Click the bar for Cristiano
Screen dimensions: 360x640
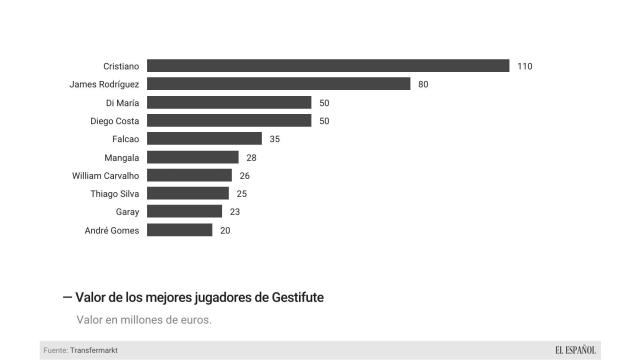pyautogui.click(x=328, y=65)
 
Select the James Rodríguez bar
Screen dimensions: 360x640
pyautogui.click(x=278, y=84)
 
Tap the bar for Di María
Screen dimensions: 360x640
pyautogui.click(x=229, y=102)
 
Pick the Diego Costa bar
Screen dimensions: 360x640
pyautogui.click(x=229, y=120)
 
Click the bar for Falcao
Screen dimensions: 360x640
pyautogui.click(x=204, y=139)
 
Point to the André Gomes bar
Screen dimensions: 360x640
pyautogui.click(x=180, y=230)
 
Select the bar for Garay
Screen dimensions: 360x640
pyautogui.click(x=184, y=212)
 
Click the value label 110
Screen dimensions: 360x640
pyautogui.click(x=525, y=66)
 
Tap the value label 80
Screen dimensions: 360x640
pyautogui.click(x=423, y=84)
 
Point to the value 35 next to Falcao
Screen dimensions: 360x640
pyautogui.click(x=274, y=139)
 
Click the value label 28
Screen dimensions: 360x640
pyautogui.click(x=251, y=157)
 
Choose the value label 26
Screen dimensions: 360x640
pyautogui.click(x=244, y=175)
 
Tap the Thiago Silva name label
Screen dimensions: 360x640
pyautogui.click(x=114, y=194)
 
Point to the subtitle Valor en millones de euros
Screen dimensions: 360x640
pyautogui.click(x=144, y=320)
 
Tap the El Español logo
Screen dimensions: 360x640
pyautogui.click(x=576, y=349)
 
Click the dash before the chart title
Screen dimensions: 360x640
pyautogui.click(x=67, y=297)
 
